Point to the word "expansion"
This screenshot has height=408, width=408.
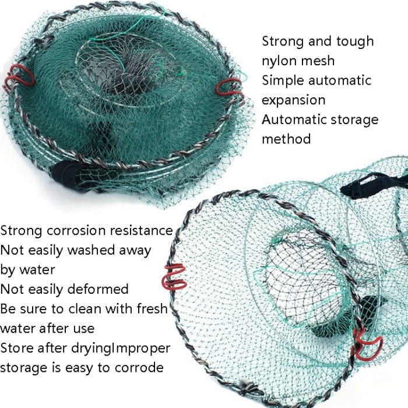tap(293, 100)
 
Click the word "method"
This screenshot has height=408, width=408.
tap(286, 139)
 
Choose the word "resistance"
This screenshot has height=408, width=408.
tap(143, 231)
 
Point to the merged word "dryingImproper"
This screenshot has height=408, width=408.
tap(121, 349)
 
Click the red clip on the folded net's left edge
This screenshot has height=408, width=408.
tap(20, 78)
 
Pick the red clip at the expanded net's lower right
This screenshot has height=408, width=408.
tap(367, 345)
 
